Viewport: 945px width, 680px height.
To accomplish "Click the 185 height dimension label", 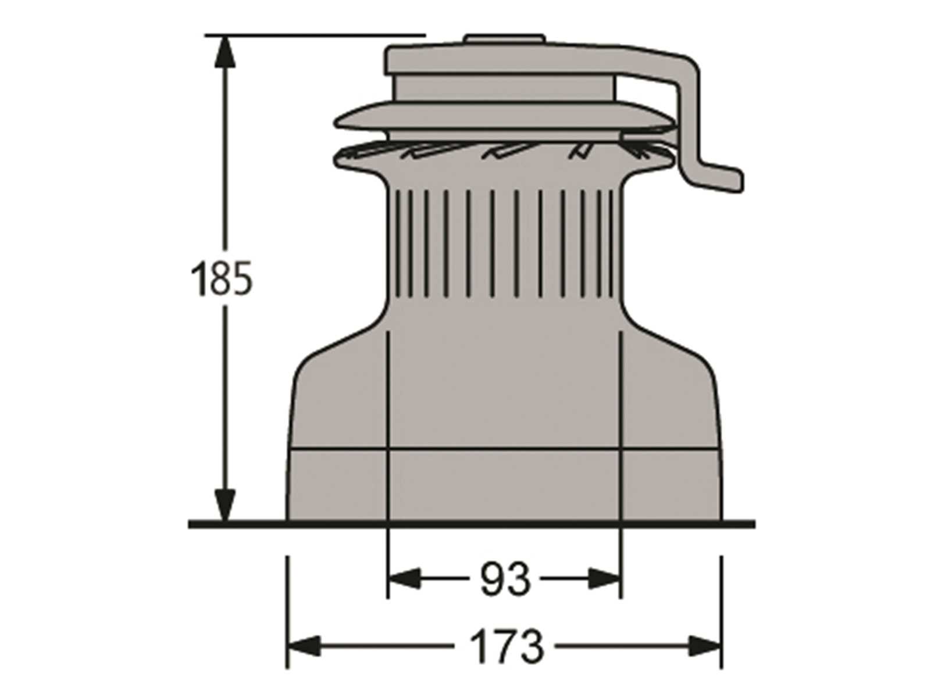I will (x=222, y=278).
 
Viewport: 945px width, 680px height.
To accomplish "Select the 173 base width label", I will (x=505, y=646).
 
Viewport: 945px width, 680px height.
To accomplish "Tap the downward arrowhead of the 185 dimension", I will (x=226, y=504).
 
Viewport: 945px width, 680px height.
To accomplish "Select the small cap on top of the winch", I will (x=504, y=40).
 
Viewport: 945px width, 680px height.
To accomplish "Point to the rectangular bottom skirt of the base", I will (x=504, y=485).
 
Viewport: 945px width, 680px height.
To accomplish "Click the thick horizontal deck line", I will (x=471, y=524).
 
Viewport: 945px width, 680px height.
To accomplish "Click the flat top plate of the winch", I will (x=504, y=58).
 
